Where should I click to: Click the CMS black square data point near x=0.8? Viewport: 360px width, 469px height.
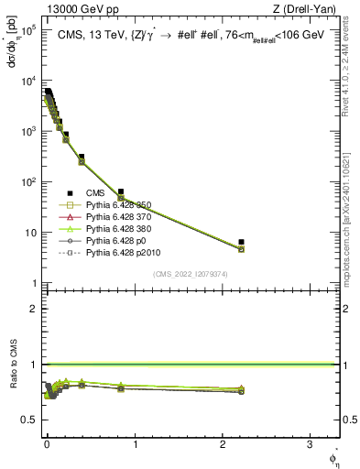(121, 191)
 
